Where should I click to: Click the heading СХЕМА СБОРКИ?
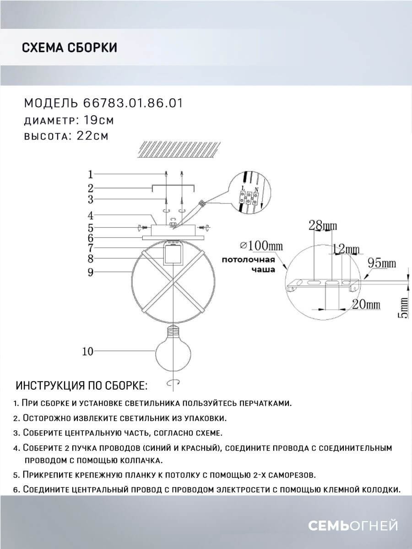pyautogui.click(x=69, y=48)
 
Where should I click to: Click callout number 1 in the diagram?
pyautogui.click(x=91, y=174)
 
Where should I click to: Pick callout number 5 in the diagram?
pyautogui.click(x=91, y=227)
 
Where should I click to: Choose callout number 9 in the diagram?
pyautogui.click(x=91, y=272)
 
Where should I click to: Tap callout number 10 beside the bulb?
pyautogui.click(x=88, y=351)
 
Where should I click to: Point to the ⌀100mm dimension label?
pyautogui.click(x=261, y=246)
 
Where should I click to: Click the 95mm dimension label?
pyautogui.click(x=383, y=264)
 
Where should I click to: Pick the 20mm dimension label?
pyautogui.click(x=366, y=303)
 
